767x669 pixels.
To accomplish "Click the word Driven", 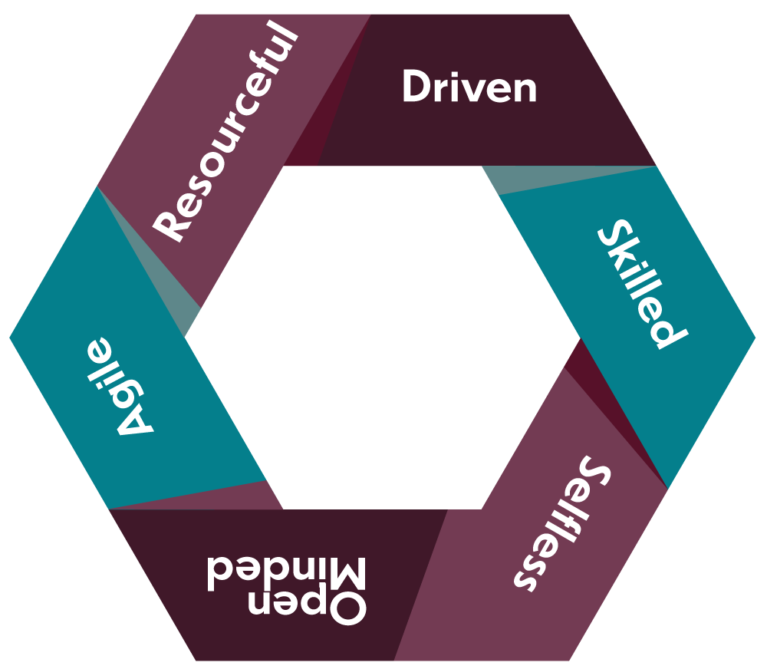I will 469,87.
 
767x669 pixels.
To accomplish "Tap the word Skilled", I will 641,284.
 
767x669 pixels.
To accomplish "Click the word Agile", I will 123,387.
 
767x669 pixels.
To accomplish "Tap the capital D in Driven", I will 415,87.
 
